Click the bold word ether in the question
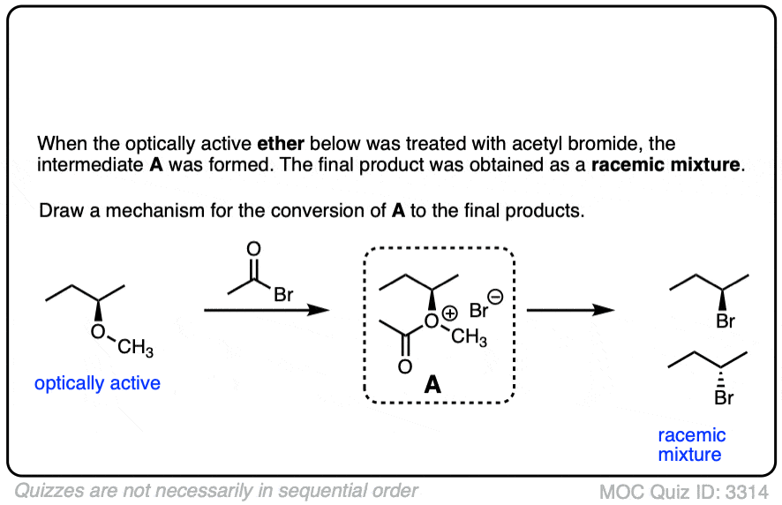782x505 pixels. click(281, 144)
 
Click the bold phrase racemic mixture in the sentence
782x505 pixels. click(665, 165)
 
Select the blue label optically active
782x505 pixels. click(97, 383)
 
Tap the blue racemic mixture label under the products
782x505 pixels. click(692, 445)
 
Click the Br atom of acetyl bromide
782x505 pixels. click(283, 295)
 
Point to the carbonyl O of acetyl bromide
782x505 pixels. click(254, 249)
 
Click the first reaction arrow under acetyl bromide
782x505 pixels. click(267, 310)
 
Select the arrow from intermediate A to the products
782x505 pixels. click(570, 310)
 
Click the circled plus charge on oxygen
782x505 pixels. click(450, 313)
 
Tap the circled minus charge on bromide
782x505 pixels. click(495, 297)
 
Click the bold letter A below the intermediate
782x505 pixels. click(432, 385)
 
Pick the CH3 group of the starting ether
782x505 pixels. click(135, 347)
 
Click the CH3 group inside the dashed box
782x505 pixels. click(469, 336)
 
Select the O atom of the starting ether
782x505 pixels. click(98, 331)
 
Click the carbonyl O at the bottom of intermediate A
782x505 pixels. click(405, 366)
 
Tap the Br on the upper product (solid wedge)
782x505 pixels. click(726, 320)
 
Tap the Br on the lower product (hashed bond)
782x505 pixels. click(724, 397)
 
